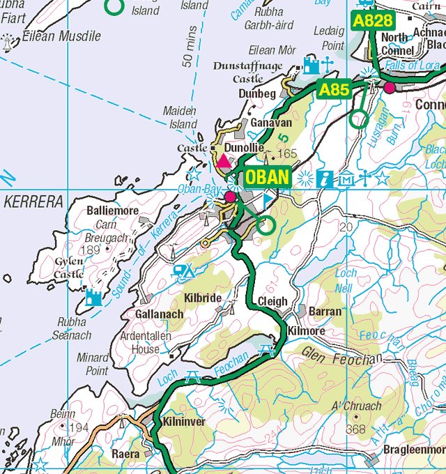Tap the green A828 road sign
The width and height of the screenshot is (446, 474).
pyautogui.click(x=373, y=21)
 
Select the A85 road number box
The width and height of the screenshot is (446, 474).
pyautogui.click(x=334, y=89)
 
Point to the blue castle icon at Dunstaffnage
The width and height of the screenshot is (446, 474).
pyautogui.click(x=311, y=66)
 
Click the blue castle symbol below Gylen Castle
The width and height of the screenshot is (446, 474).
pyautogui.click(x=93, y=298)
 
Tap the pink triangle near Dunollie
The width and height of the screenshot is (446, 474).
pyautogui.click(x=224, y=162)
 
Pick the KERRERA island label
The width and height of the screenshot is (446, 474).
pyautogui.click(x=33, y=202)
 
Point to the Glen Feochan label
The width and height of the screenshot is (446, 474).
pyautogui.click(x=342, y=355)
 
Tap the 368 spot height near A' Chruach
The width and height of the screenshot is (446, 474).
pyautogui.click(x=355, y=429)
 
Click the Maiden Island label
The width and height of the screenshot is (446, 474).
pyautogui.click(x=180, y=117)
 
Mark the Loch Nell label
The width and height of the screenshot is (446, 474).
pyautogui.click(x=346, y=280)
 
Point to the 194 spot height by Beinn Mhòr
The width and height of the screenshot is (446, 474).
pyautogui.click(x=79, y=427)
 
